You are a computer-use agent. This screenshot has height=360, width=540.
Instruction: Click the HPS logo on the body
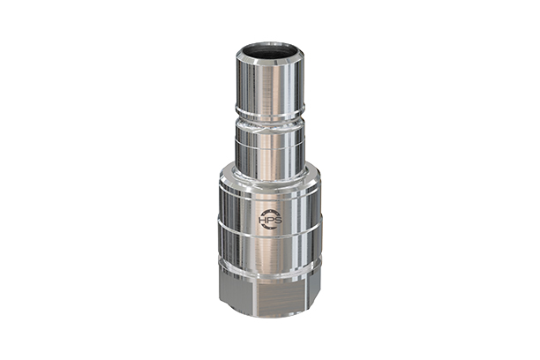pos(266,218)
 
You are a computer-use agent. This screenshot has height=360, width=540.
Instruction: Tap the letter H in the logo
pos(261,218)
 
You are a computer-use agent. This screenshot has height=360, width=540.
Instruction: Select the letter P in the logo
pos(266,218)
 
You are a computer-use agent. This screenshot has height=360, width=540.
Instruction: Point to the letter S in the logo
pos(272,218)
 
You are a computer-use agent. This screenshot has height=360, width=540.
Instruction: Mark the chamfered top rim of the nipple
pos(269,49)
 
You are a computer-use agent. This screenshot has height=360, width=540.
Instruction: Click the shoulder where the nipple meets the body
pos(269,171)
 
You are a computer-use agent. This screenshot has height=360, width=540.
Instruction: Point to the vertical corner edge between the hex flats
pos(285,296)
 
